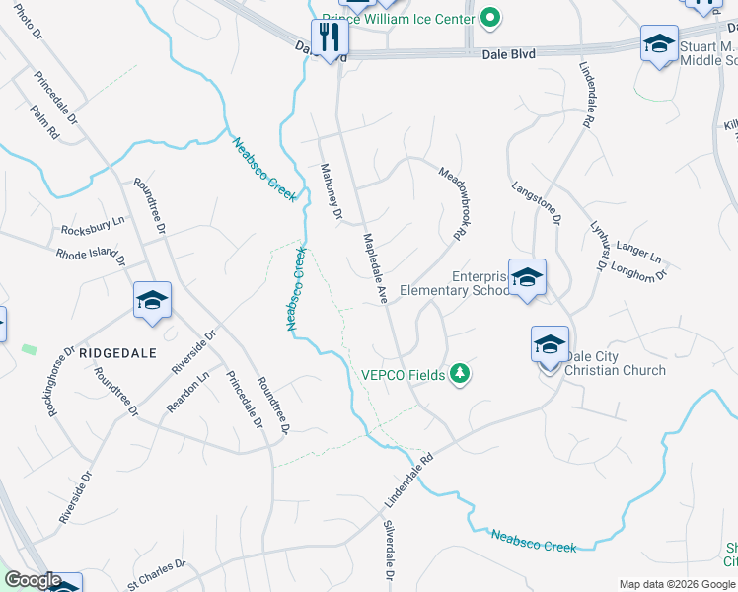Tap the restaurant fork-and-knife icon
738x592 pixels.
coord(331,37)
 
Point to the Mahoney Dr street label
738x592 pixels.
coord(331,191)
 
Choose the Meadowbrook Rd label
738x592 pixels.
coord(452,201)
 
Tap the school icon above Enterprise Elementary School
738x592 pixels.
coord(528,277)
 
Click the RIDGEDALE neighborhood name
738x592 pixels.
coord(117,351)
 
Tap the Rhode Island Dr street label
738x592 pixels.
coord(91,255)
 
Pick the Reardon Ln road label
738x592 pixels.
coord(188,391)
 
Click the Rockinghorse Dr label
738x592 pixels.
coord(61,380)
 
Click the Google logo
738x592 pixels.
coord(33,580)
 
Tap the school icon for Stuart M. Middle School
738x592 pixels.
coord(659,45)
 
